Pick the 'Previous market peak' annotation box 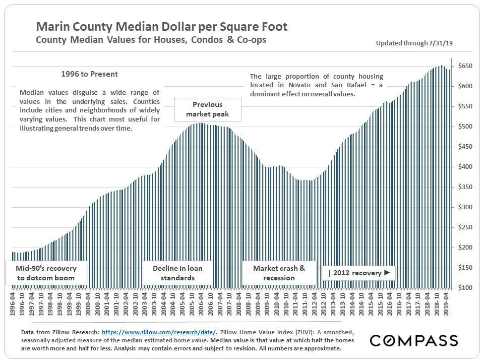207,109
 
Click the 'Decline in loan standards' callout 177,273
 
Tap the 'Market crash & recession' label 279,273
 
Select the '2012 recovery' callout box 359,273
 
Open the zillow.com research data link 159,332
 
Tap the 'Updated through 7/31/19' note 414,43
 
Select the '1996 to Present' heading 89,74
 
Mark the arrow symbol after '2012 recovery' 387,273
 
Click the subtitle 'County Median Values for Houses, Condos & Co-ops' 151,40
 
